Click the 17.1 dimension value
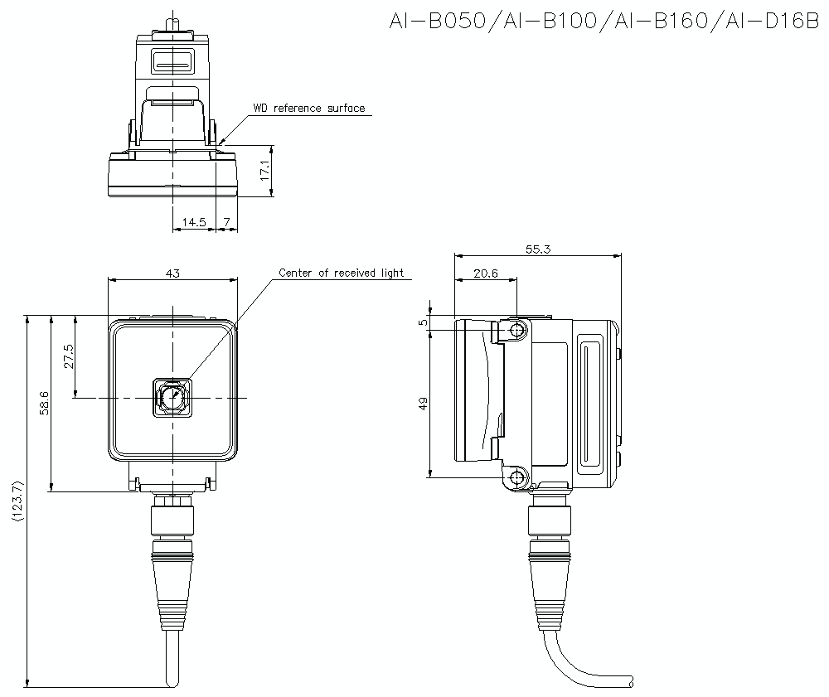264,171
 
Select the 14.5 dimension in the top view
194,222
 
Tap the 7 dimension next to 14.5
226,222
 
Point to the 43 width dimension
172,273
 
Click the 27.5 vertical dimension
68,356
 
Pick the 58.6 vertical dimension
44,403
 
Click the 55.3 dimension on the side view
537,249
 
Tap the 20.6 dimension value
485,273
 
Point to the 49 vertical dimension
423,404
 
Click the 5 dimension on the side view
423,323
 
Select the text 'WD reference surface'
308,109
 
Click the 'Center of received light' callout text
341,273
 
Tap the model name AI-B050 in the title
434,20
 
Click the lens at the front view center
172,398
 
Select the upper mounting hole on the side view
518,331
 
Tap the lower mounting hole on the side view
518,477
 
